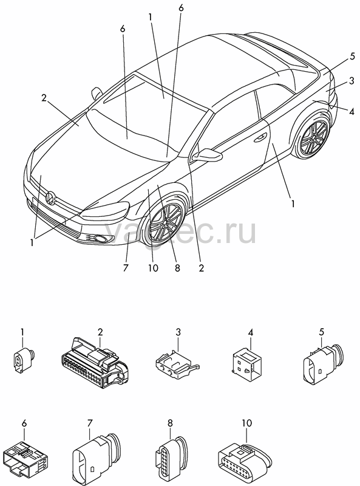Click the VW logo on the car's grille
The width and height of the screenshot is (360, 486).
tap(50, 198)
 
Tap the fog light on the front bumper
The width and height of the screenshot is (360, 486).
tap(100, 238)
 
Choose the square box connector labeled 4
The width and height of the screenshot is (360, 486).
tap(246, 363)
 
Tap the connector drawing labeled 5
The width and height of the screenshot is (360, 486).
tap(322, 363)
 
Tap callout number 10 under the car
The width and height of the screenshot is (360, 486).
tap(153, 268)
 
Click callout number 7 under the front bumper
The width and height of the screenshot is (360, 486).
tap(126, 268)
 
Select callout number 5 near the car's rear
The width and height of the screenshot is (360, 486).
tap(352, 56)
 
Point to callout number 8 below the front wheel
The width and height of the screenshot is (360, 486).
tap(177, 268)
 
